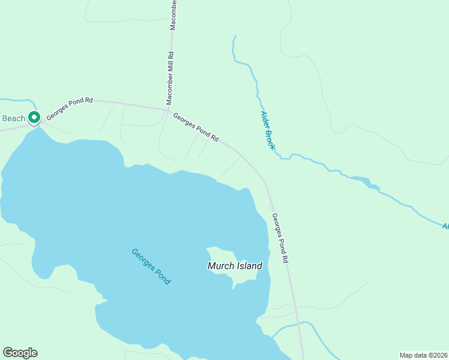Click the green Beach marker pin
[x=34, y=118]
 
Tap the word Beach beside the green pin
[x=13, y=118]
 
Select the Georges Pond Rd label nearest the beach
[x=70, y=108]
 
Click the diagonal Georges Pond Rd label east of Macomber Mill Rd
[x=196, y=127]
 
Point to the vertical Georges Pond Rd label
[x=281, y=238]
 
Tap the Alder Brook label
[x=268, y=130]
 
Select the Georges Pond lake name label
[x=151, y=266]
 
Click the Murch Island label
[x=235, y=265]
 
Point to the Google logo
[x=20, y=353]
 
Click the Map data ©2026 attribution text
[x=423, y=355]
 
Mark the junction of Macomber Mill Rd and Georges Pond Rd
[x=169, y=110]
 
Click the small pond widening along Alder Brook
[x=363, y=181]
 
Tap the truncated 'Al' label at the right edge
[x=445, y=226]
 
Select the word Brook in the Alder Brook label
[x=271, y=138]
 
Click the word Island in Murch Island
[x=249, y=265]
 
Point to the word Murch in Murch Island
[x=220, y=265]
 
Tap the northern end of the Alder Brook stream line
[x=235, y=37]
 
